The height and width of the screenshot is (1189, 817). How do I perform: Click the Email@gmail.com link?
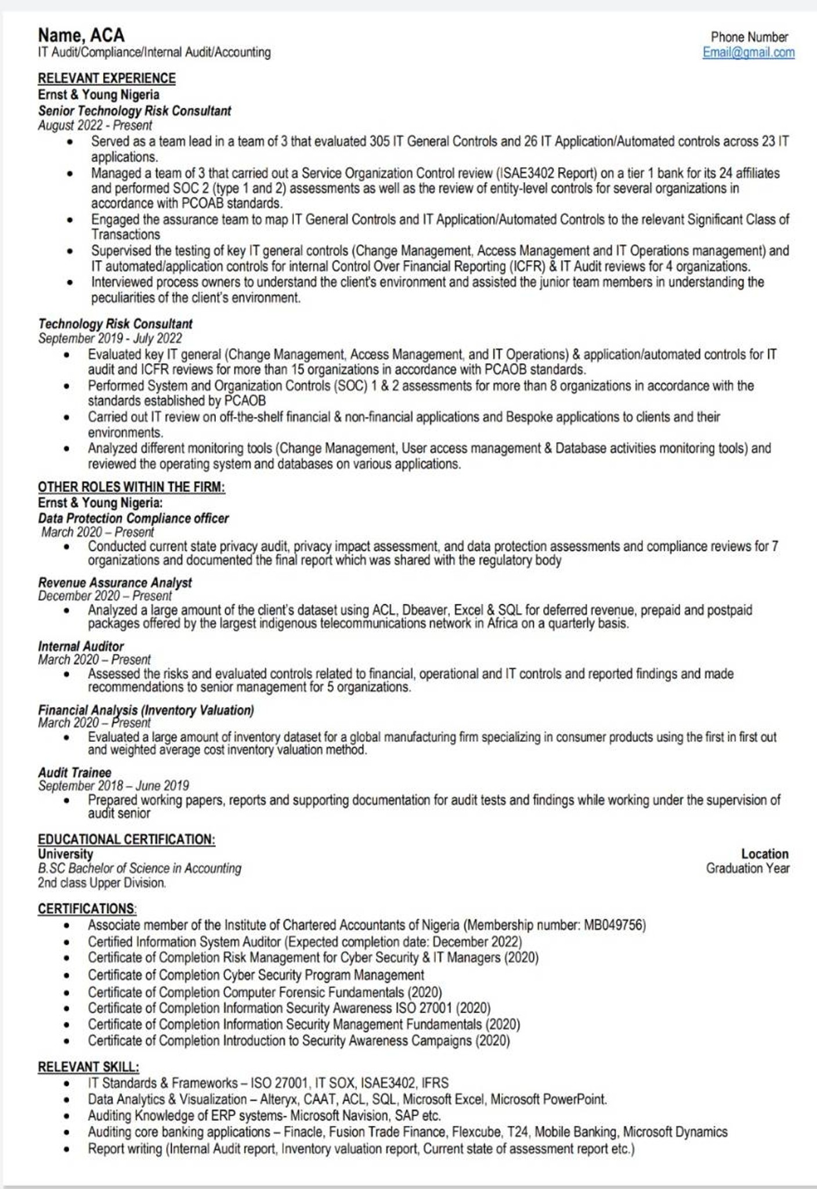pyautogui.click(x=748, y=53)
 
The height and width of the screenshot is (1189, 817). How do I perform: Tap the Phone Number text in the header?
pyautogui.click(x=749, y=37)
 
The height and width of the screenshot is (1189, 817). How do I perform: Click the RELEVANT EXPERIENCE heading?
pyautogui.click(x=107, y=78)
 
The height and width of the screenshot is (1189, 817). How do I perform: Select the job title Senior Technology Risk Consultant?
pyautogui.click(x=135, y=111)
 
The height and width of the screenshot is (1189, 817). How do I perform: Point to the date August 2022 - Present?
pyautogui.click(x=95, y=125)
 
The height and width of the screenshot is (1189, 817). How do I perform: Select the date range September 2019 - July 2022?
pyautogui.click(x=110, y=338)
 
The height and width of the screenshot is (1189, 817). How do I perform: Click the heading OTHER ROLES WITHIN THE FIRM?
pyautogui.click(x=131, y=487)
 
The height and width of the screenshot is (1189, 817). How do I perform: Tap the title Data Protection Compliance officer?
pyautogui.click(x=133, y=518)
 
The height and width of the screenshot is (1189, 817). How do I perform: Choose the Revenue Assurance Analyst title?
pyautogui.click(x=115, y=583)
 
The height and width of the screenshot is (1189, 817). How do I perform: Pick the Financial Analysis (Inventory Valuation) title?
pyautogui.click(x=146, y=710)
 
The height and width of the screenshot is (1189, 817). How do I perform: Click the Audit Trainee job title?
pyautogui.click(x=74, y=773)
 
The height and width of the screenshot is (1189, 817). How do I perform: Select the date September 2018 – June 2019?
pyautogui.click(x=114, y=786)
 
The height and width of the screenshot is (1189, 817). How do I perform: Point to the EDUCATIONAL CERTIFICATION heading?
pyautogui.click(x=126, y=839)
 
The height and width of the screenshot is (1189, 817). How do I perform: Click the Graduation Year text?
pyautogui.click(x=747, y=869)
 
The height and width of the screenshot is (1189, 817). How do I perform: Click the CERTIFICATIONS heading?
pyautogui.click(x=87, y=909)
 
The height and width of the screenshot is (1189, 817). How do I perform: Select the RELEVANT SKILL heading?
pyautogui.click(x=88, y=1067)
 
